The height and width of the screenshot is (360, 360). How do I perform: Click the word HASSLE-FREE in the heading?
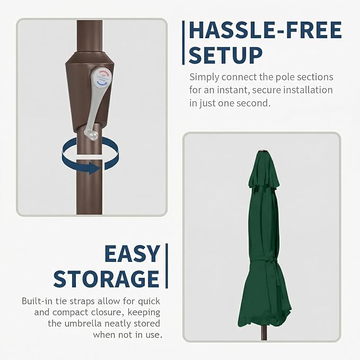tap(265, 30)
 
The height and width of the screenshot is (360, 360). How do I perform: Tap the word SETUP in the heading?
tap(225, 55)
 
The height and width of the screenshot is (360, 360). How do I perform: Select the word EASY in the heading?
tap(133, 253)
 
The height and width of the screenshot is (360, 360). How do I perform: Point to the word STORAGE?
tap(107, 279)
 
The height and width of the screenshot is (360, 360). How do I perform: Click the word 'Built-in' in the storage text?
tap(37, 301)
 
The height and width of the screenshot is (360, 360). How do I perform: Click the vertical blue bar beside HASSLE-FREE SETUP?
tap(183, 43)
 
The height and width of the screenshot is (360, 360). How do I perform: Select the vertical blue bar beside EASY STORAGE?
tap(166, 266)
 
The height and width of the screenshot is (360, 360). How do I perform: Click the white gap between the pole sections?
tap(89, 157)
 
